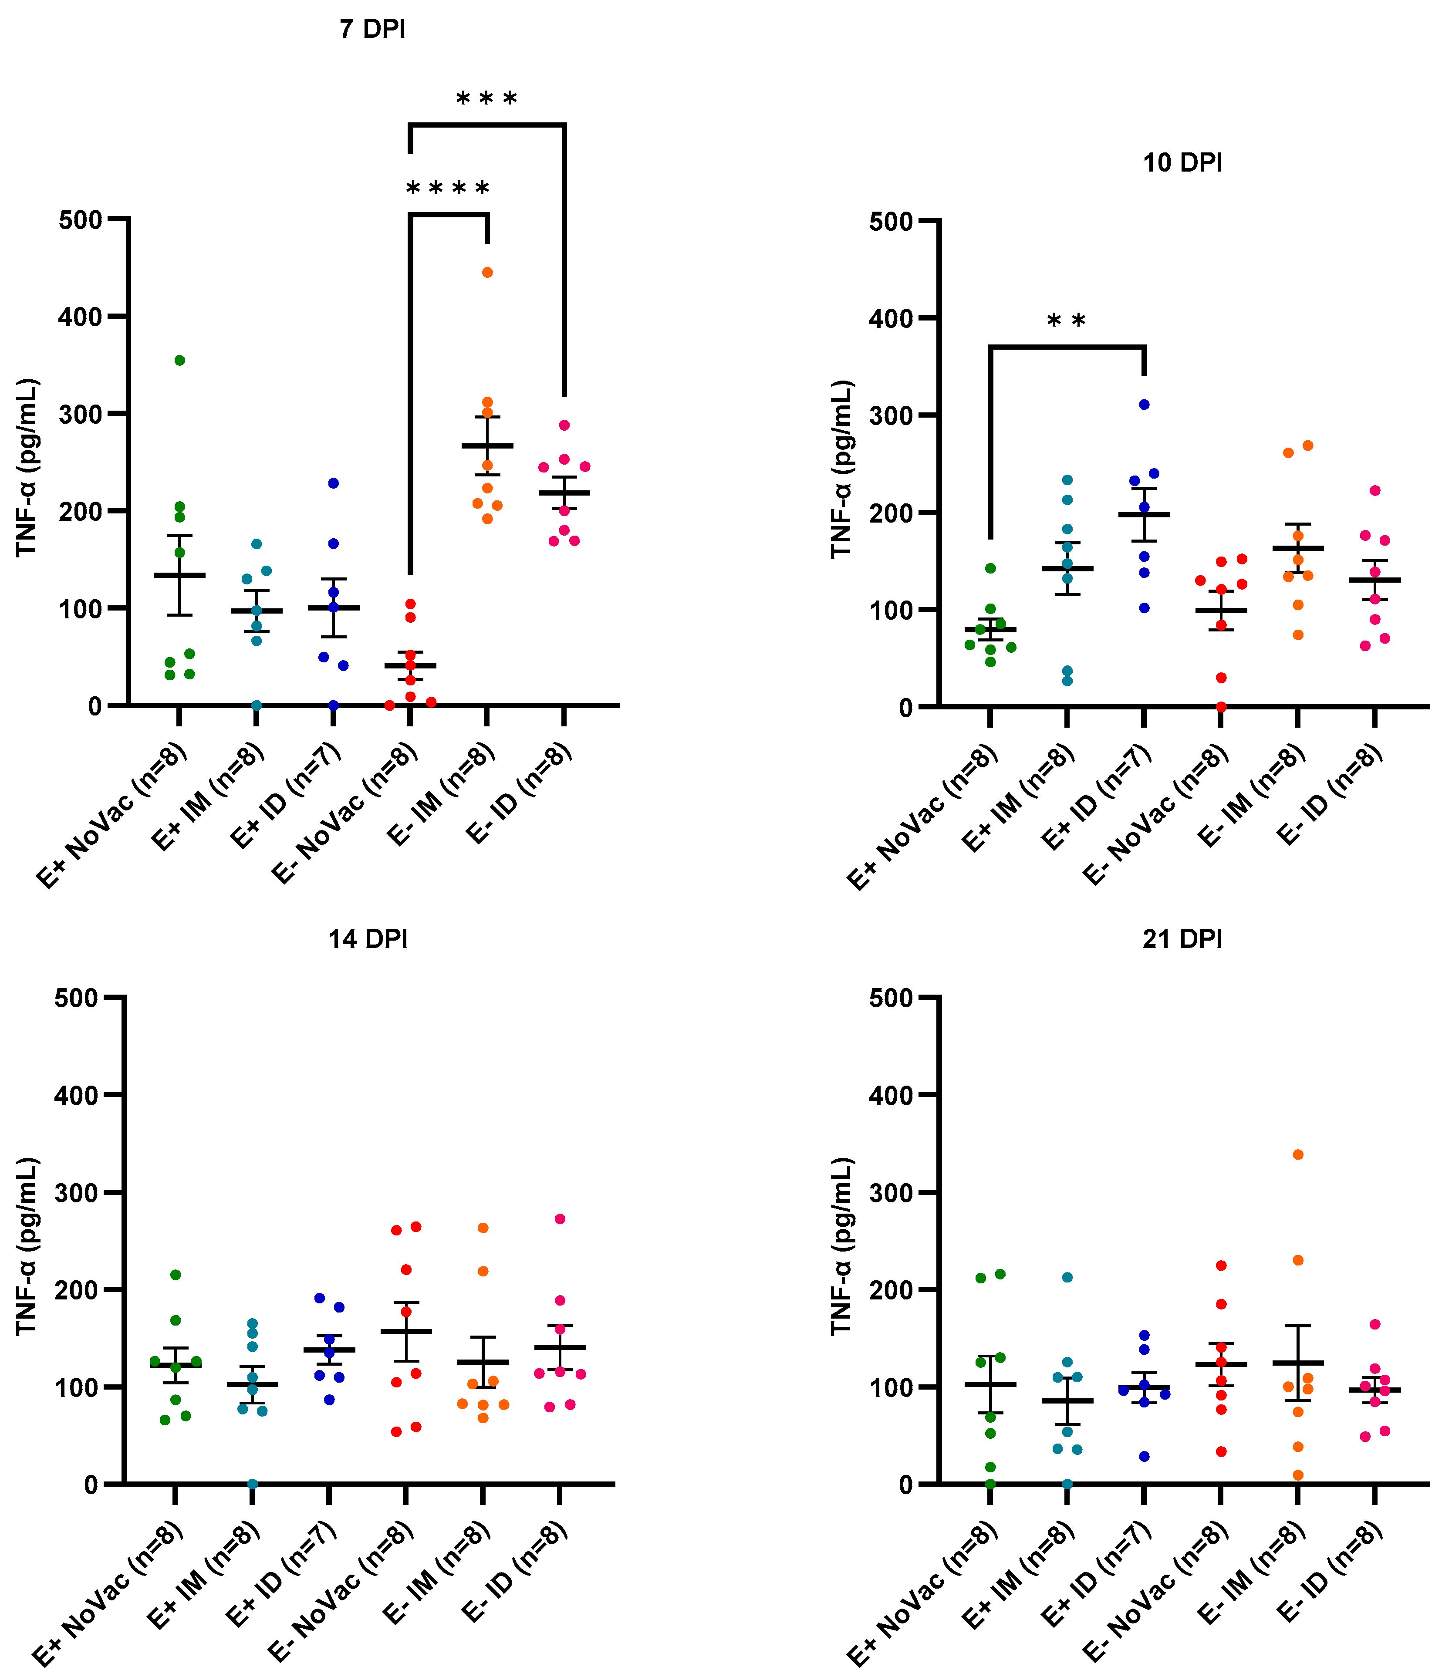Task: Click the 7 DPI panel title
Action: [372, 29]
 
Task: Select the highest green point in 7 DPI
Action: [180, 360]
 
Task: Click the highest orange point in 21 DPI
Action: [1298, 1154]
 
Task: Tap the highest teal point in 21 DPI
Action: [1067, 1277]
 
